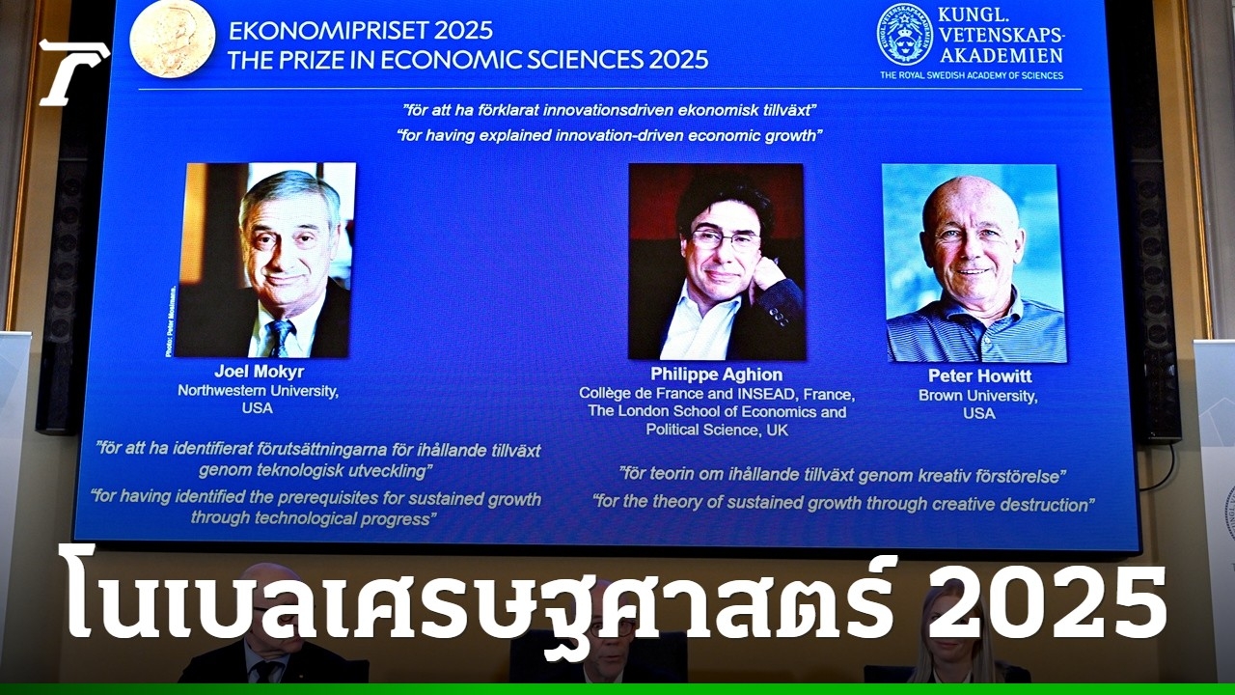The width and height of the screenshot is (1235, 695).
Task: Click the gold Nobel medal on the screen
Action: pos(173,38)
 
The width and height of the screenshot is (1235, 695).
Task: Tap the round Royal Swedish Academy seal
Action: pos(905,35)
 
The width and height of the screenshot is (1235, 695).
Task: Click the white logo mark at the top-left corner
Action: pos(74,72)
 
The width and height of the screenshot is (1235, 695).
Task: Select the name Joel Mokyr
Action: pos(260,372)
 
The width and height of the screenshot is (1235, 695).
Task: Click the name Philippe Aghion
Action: pos(716,375)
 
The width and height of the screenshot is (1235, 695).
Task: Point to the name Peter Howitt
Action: pos(979,376)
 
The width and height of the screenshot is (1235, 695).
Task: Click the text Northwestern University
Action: pos(258,391)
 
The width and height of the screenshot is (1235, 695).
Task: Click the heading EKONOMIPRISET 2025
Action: pos(361,31)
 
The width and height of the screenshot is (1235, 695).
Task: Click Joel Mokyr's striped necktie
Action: pos(281,338)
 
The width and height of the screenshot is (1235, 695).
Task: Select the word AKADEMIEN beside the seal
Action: pos(1002,55)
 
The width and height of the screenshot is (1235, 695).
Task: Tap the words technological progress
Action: pos(311,518)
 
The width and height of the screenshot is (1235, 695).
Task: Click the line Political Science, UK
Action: pos(717,430)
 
